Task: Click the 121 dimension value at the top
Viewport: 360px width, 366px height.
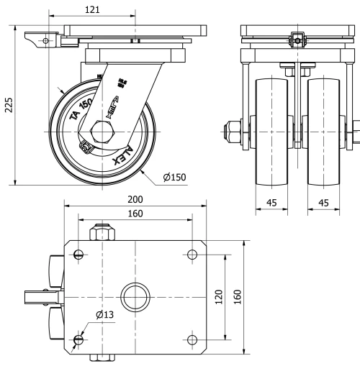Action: (x=92, y=9)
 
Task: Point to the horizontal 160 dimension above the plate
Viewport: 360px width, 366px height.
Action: (x=135, y=213)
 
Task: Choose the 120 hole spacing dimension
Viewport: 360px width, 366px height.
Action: (x=218, y=296)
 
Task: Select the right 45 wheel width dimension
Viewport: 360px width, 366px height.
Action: (x=324, y=203)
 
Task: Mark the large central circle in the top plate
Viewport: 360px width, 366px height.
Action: (x=135, y=296)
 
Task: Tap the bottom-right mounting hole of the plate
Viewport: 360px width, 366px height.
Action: (x=192, y=339)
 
